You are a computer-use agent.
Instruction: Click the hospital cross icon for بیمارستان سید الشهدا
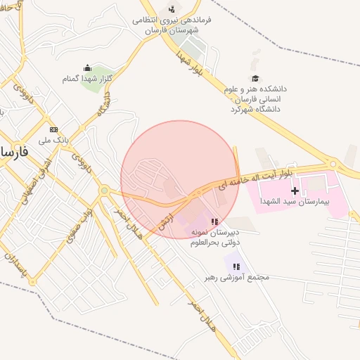[x=295, y=191]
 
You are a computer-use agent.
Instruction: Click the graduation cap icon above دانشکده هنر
[x=255, y=78]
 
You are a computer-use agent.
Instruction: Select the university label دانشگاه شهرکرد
[x=255, y=109]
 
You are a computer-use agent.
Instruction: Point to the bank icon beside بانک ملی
[x=54, y=129]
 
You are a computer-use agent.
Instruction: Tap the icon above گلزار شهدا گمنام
[x=87, y=67]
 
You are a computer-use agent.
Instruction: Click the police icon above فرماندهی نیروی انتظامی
[x=172, y=9]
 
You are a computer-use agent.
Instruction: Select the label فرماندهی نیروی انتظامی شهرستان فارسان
[x=172, y=26]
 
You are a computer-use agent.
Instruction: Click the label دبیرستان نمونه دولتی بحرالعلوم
[x=214, y=237]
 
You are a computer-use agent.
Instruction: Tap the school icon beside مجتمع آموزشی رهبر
[x=237, y=266]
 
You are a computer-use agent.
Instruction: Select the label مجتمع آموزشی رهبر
[x=237, y=277]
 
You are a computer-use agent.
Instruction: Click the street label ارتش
[x=166, y=220]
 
